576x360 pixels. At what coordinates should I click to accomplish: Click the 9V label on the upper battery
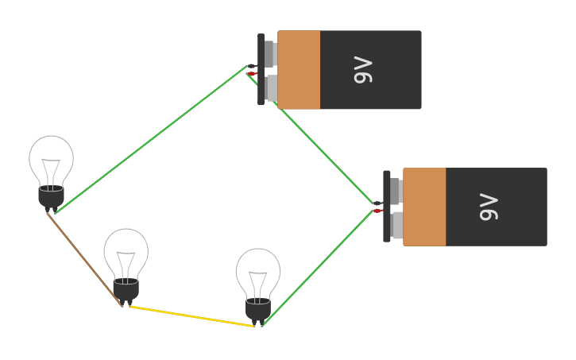pyautogui.click(x=362, y=70)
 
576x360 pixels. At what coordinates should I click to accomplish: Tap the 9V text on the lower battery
pyautogui.click(x=489, y=207)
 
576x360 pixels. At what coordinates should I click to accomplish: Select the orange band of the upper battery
pyautogui.click(x=299, y=70)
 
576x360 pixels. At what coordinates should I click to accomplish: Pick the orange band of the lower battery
pyautogui.click(x=424, y=207)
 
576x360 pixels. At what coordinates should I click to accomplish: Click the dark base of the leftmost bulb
pyautogui.click(x=52, y=196)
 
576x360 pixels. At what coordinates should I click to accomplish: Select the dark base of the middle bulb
pyautogui.click(x=126, y=289)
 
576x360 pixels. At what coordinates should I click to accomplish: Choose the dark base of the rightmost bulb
pyautogui.click(x=258, y=309)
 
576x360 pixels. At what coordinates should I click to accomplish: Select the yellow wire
pyautogui.click(x=191, y=316)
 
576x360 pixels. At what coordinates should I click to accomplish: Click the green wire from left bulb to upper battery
pyautogui.click(x=151, y=139)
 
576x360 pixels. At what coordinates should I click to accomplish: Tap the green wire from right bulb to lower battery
pyautogui.click(x=318, y=267)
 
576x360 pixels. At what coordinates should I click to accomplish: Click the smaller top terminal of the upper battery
pyautogui.click(x=269, y=53)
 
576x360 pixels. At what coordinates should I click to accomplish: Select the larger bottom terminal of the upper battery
pyautogui.click(x=272, y=88)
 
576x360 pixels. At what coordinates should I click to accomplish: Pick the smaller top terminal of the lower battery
pyautogui.click(x=395, y=191)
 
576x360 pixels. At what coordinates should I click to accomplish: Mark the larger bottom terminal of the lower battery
pyautogui.click(x=397, y=225)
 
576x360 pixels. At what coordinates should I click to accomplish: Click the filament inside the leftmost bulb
pyautogui.click(x=52, y=171)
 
